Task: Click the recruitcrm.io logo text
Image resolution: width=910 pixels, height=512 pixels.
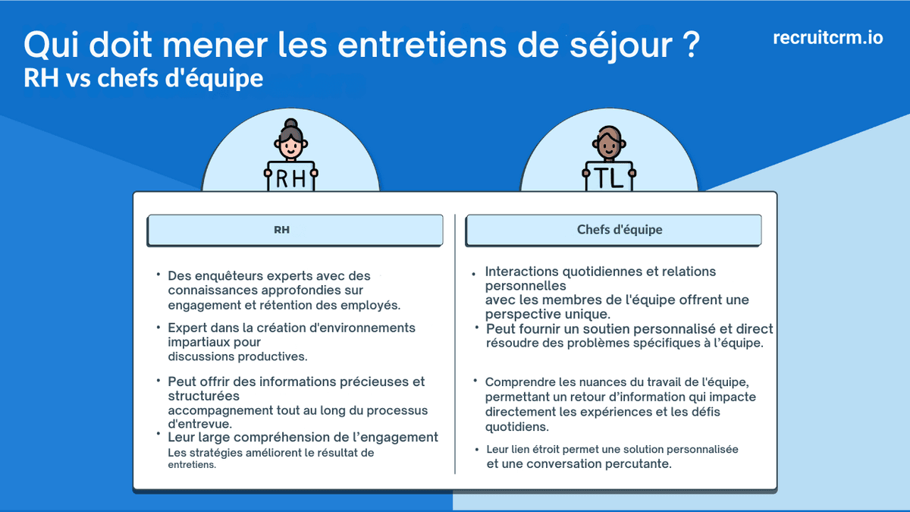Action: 828,38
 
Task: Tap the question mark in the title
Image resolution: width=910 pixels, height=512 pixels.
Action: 686,46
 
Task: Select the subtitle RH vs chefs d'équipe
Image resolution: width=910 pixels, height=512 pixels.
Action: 143,78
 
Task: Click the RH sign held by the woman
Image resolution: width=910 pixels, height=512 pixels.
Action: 290,178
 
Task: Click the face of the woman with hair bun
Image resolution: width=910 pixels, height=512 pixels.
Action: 290,145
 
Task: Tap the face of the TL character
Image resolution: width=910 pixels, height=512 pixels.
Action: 609,144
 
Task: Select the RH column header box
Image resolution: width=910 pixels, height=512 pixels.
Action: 294,230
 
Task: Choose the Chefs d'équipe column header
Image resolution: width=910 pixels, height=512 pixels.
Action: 613,230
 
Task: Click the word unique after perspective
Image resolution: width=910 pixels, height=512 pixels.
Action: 583,314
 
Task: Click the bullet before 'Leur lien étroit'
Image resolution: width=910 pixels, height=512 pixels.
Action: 476,448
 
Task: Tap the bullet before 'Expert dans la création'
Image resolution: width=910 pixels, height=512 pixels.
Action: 158,326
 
